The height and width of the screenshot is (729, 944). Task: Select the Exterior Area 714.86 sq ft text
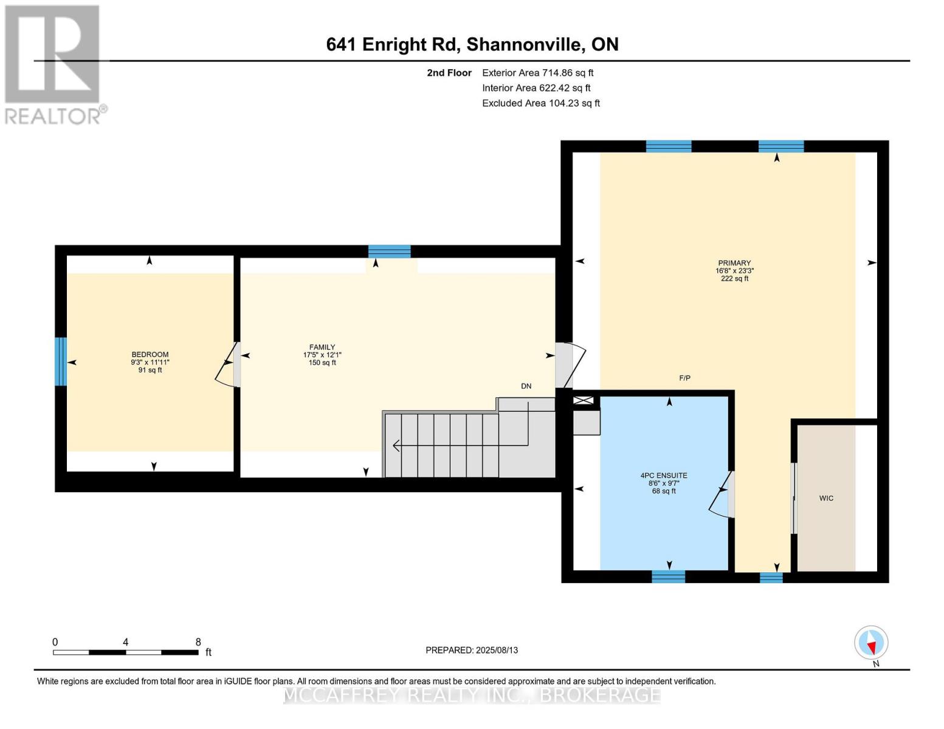[537, 73]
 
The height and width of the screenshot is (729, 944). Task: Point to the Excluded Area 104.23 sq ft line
[540, 103]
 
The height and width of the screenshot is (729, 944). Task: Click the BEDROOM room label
[150, 355]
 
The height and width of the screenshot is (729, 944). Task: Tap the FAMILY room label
[322, 347]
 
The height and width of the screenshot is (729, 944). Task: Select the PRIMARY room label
[734, 264]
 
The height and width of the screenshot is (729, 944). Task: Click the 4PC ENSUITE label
[664, 476]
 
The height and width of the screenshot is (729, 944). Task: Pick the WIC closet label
[826, 498]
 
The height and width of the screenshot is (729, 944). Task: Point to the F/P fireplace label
[684, 378]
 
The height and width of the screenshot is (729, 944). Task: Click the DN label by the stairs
[526, 386]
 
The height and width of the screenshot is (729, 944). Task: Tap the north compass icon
[871, 643]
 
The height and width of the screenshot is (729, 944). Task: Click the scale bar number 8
[198, 642]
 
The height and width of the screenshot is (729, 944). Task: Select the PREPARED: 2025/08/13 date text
[472, 650]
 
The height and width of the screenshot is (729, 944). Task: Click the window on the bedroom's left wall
[60, 361]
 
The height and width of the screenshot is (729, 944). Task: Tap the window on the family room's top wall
[389, 252]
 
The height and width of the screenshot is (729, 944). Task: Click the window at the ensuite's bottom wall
[668, 577]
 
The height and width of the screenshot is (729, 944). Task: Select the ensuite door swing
[721, 495]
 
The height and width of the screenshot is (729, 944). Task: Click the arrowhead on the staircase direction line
[396, 446]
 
